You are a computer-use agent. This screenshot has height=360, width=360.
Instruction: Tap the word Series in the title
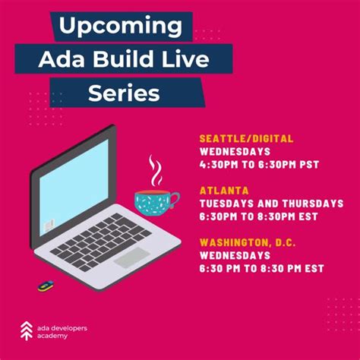coord(124,92)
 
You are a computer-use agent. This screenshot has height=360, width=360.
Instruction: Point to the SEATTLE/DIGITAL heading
coord(246,138)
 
